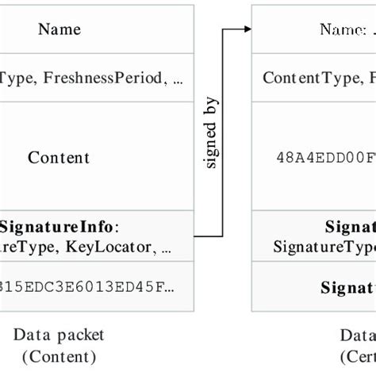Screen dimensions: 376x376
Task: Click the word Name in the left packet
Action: tap(59, 29)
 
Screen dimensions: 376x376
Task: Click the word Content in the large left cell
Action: tap(59, 157)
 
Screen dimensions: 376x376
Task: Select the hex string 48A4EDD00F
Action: tap(326, 157)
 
